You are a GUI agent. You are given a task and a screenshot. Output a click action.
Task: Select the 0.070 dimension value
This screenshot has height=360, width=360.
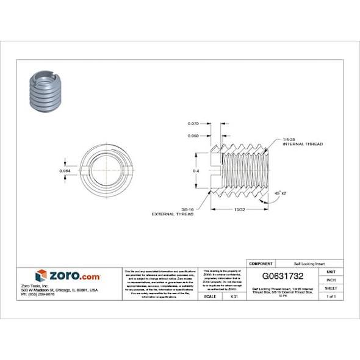point(194,124)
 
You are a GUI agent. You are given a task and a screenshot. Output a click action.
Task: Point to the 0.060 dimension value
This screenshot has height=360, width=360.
point(194,135)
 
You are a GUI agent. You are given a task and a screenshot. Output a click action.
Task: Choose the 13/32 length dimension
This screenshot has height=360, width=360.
point(239,209)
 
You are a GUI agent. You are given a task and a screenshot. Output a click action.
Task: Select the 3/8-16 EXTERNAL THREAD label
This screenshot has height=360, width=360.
point(173,212)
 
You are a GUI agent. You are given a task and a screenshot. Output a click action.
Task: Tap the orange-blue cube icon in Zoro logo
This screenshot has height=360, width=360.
point(41,276)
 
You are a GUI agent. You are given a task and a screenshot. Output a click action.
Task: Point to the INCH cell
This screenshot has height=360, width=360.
point(331,279)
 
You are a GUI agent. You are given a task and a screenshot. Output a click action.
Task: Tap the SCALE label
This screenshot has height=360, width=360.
point(209,296)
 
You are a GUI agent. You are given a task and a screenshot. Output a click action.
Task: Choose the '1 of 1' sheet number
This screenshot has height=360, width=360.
point(331,296)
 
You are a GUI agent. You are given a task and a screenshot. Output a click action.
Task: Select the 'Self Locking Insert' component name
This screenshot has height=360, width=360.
point(301,263)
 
